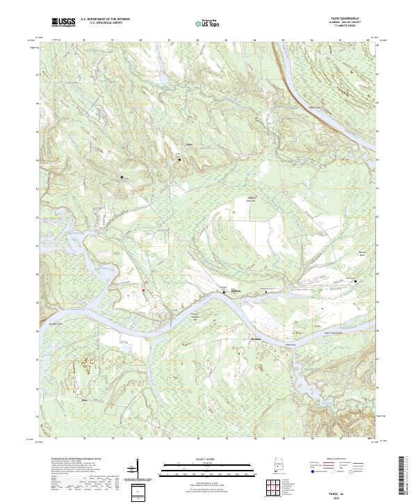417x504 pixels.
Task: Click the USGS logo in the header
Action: [63, 23]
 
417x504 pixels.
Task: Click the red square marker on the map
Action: [144, 290]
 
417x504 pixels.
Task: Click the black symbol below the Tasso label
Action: [180, 159]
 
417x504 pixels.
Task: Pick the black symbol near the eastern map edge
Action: [355, 282]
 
